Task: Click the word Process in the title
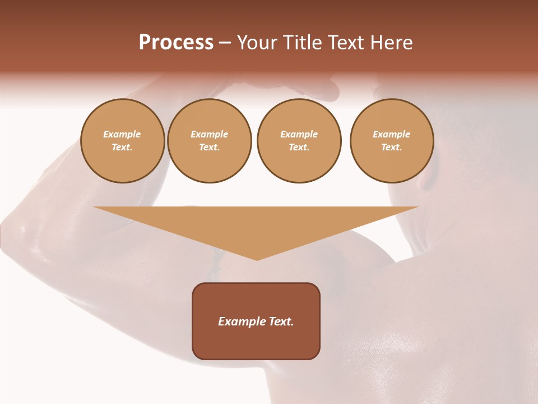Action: [176, 43]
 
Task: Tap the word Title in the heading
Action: [303, 43]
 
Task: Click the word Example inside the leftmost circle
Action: [122, 134]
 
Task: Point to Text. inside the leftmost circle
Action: [122, 148]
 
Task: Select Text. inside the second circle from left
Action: [209, 148]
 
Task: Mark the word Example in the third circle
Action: [299, 134]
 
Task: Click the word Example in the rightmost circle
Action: [392, 134]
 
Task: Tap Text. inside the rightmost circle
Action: [392, 148]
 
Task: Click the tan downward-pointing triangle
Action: [256, 224]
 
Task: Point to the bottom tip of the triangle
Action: [257, 259]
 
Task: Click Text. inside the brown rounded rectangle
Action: [281, 322]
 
